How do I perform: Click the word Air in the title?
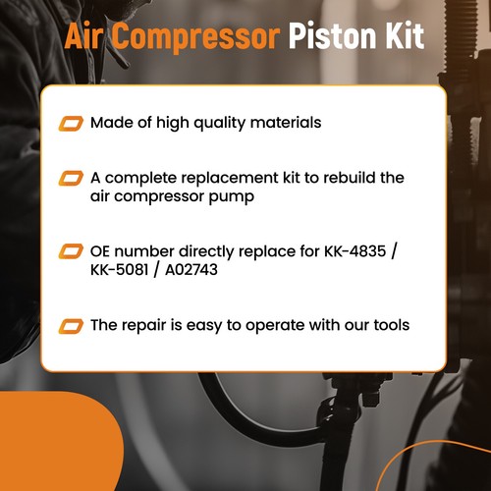85,36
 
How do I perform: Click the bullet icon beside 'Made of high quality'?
71,124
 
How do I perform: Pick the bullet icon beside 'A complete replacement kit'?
71,178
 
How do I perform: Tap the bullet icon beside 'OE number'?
71,251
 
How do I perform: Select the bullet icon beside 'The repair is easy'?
71,325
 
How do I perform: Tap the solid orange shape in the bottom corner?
49,447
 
